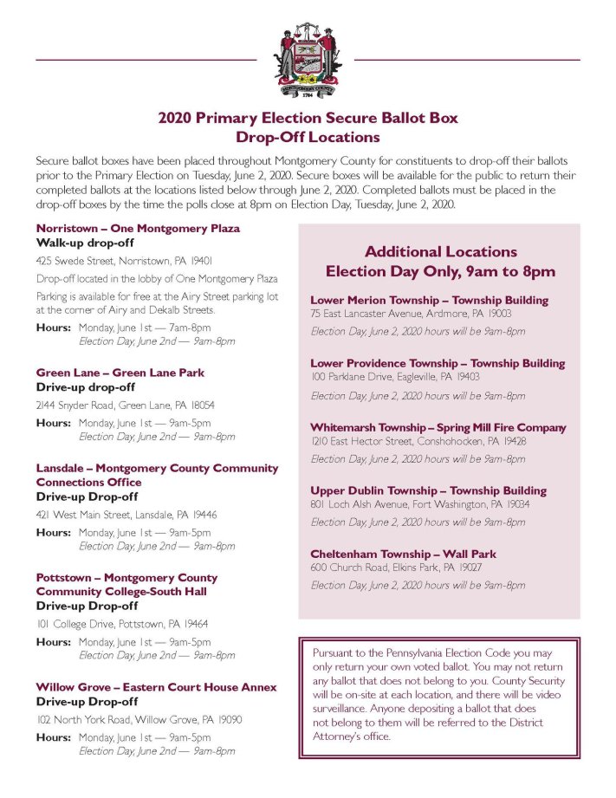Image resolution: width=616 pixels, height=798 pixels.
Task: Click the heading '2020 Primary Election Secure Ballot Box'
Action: point(308,119)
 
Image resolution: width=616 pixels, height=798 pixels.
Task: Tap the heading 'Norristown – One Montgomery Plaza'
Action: point(138,228)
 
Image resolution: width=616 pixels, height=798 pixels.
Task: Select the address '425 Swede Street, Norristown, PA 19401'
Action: point(125,260)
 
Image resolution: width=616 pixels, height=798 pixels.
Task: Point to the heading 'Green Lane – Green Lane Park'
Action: point(120,372)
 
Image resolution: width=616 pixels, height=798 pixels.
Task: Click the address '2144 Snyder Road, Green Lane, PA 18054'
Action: point(126,405)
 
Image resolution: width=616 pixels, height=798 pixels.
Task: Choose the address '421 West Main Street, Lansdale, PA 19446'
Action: point(126,514)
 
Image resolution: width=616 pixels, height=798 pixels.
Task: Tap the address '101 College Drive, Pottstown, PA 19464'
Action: point(122,623)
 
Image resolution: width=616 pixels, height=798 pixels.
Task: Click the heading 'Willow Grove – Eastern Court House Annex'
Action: point(157,686)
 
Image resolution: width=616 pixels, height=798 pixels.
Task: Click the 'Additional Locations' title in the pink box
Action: point(440,251)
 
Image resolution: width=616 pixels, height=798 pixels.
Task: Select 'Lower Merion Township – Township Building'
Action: point(429,300)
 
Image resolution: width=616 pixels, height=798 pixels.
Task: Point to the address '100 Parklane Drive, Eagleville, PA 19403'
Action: point(406,377)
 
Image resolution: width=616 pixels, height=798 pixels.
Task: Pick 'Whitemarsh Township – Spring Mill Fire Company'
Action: point(438,427)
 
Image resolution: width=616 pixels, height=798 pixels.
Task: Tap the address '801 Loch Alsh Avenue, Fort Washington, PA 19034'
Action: point(420,503)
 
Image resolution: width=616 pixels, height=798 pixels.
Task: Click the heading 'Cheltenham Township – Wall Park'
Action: point(403,554)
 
